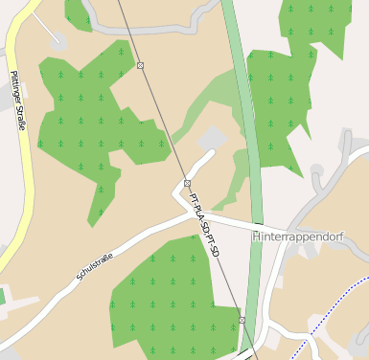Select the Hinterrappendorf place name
(x=297, y=236)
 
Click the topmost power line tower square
(x=140, y=65)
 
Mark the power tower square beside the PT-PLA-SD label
(x=187, y=183)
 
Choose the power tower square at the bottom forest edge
(x=242, y=320)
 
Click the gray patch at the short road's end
(x=212, y=140)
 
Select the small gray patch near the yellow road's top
(x=58, y=39)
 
